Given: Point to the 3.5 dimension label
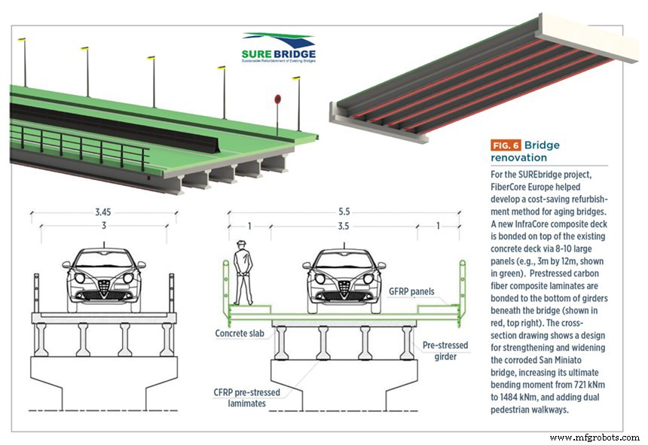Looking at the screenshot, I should click(344, 224).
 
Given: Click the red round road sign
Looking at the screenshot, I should click(278, 99).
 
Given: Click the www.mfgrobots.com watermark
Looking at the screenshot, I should click(594, 437).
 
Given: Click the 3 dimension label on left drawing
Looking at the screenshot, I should click(104, 224).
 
